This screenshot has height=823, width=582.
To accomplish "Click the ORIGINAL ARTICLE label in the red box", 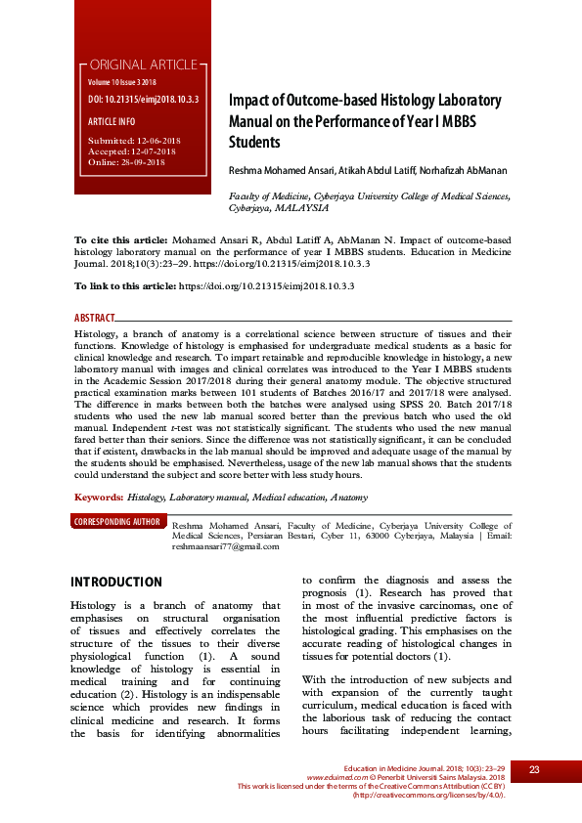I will click(x=144, y=65).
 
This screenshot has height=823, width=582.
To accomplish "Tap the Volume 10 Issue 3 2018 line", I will click(x=121, y=83).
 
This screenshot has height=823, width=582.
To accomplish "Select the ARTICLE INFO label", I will click(x=112, y=121).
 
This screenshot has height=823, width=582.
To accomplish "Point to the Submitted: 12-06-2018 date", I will click(x=132, y=142).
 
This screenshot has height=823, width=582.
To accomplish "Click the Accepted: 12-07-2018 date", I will click(x=132, y=152).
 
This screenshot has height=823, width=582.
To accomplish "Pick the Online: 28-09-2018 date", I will click(x=126, y=161).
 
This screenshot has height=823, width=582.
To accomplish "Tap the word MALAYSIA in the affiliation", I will click(x=301, y=208).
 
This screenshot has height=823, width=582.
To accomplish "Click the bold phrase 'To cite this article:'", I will click(x=122, y=238).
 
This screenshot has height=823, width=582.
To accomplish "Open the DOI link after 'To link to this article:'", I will click(x=265, y=285).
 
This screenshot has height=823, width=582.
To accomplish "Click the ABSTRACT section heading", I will click(x=95, y=319).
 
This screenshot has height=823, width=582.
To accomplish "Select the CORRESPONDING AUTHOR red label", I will click(x=117, y=522).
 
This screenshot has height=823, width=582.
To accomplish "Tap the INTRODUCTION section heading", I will click(x=116, y=583).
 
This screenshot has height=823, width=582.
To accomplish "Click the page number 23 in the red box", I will click(x=534, y=770).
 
